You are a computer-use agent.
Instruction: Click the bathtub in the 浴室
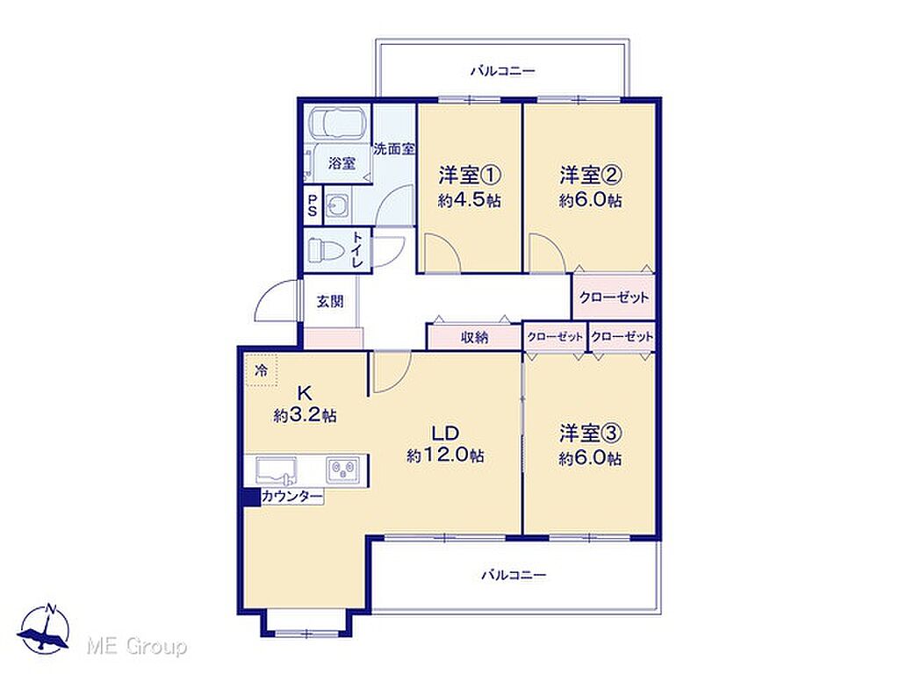[336, 123]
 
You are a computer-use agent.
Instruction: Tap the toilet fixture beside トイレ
[325, 250]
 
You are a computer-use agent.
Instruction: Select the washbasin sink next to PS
[336, 205]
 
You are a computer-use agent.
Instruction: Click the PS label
[313, 205]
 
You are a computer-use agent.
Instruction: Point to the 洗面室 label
[394, 149]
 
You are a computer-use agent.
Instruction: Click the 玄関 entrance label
[331, 301]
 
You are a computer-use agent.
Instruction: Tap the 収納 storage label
[475, 338]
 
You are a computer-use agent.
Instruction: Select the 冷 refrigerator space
[262, 370]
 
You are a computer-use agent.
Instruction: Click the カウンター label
[291, 497]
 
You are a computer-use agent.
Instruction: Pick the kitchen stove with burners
[344, 470]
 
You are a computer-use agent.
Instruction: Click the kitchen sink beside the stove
[277, 470]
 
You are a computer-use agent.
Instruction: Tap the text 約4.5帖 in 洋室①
[470, 200]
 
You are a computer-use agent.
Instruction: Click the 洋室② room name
[591, 175]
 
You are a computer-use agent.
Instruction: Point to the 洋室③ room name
[591, 434]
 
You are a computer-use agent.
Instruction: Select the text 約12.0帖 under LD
[445, 455]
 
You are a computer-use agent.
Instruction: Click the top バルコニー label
[503, 71]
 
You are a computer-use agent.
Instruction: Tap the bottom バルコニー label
[514, 574]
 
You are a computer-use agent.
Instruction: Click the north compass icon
[44, 628]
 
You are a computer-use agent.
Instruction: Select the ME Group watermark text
[136, 647]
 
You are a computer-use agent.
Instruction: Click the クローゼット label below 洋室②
[614, 298]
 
